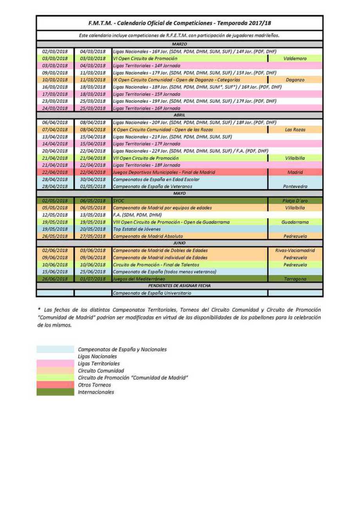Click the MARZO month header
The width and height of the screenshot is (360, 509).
[180, 44]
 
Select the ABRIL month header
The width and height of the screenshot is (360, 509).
[180, 115]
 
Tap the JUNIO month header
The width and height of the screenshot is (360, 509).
[180, 243]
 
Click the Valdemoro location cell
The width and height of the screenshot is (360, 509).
[295, 59]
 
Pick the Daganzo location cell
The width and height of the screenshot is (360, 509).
[295, 80]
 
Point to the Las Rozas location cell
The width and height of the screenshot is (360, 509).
[295, 130]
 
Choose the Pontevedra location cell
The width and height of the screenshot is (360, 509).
[295, 186]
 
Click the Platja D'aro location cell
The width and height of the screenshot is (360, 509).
[295, 201]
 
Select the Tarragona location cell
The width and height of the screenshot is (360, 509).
[295, 279]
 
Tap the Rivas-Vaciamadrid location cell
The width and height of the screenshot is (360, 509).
[295, 251]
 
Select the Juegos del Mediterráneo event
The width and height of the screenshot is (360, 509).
[139, 279]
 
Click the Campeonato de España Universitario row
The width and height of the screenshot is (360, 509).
[152, 293]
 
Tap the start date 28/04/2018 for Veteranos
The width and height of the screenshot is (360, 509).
[55, 186]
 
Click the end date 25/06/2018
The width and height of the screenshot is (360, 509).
[93, 272]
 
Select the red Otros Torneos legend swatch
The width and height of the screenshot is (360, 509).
[55, 385]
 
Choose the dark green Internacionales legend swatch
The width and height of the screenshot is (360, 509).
[55, 392]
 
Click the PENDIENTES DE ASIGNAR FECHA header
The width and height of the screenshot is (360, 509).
[180, 286]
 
